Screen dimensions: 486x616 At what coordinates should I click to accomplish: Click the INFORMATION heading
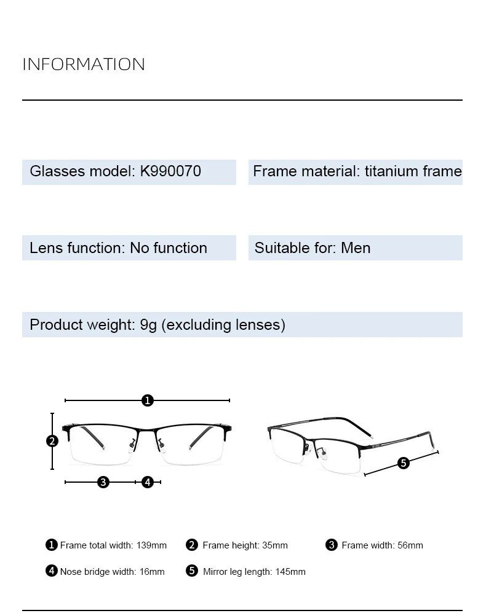click(x=84, y=64)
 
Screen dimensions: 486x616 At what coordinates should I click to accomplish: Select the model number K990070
click(x=170, y=171)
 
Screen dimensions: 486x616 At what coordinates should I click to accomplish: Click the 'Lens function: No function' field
click(x=119, y=248)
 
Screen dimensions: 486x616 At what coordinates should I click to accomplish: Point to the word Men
click(x=356, y=248)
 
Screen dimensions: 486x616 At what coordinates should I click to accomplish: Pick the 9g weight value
click(x=148, y=325)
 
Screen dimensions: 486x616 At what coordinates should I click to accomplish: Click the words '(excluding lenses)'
click(x=223, y=325)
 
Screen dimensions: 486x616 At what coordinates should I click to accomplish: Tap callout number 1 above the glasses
click(x=147, y=400)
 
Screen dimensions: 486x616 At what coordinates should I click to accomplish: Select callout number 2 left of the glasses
click(x=52, y=440)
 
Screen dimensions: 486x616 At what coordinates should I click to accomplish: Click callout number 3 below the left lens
click(x=103, y=482)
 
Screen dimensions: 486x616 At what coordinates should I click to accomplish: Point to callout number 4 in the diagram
click(x=148, y=482)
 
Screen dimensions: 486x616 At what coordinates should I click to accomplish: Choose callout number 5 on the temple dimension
click(x=404, y=463)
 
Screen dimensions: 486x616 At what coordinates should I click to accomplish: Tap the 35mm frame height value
click(x=274, y=545)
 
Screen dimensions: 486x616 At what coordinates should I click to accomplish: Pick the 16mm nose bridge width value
click(x=152, y=572)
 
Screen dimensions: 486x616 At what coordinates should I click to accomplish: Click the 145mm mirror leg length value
click(x=290, y=572)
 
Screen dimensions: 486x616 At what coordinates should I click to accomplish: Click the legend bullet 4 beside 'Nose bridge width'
click(x=52, y=571)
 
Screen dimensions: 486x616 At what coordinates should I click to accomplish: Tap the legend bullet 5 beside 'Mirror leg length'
click(x=192, y=571)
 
